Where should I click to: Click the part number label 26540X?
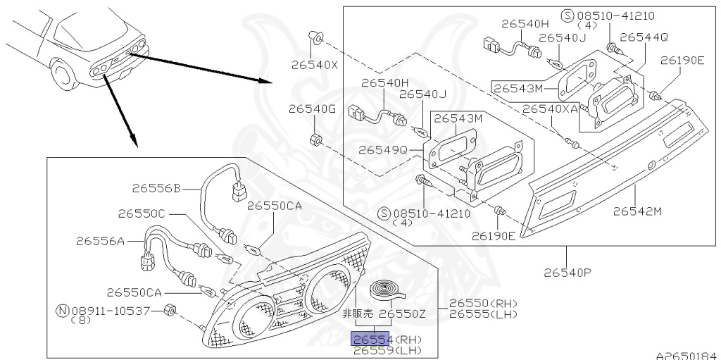click(315, 66)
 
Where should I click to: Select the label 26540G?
click(313, 109)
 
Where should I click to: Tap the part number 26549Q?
click(383, 150)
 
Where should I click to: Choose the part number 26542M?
click(638, 211)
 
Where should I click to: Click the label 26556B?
click(156, 188)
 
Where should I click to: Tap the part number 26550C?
click(142, 213)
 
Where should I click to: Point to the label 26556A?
click(100, 241)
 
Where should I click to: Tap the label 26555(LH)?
click(478, 314)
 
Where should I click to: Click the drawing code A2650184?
click(685, 354)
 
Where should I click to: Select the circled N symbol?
click(61, 310)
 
